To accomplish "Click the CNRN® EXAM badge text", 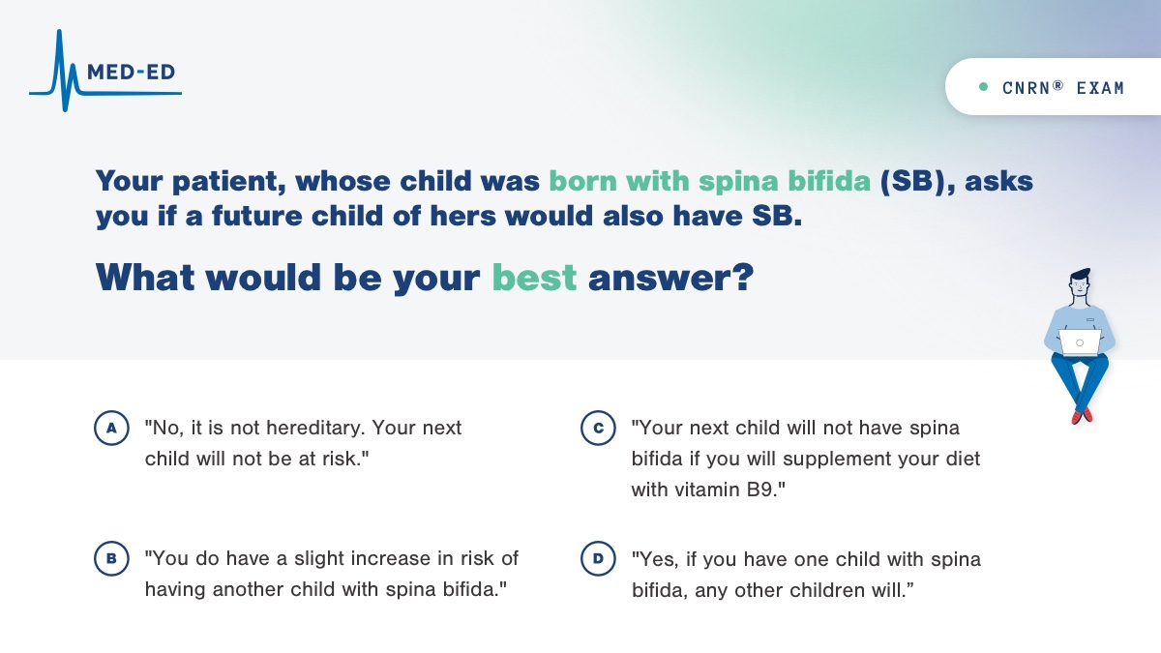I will (1063, 88).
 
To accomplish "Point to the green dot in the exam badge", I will (983, 87).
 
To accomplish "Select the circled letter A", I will (111, 428).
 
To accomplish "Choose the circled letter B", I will (111, 559).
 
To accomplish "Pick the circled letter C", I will (598, 428).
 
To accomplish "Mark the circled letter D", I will (598, 559).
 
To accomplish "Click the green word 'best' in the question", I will (534, 278).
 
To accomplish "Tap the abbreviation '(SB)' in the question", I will (912, 182).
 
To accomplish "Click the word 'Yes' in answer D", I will (653, 559).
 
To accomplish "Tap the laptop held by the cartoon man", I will (1080, 342).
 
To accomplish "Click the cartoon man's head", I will (1080, 283).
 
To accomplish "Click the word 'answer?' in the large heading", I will (670, 278).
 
